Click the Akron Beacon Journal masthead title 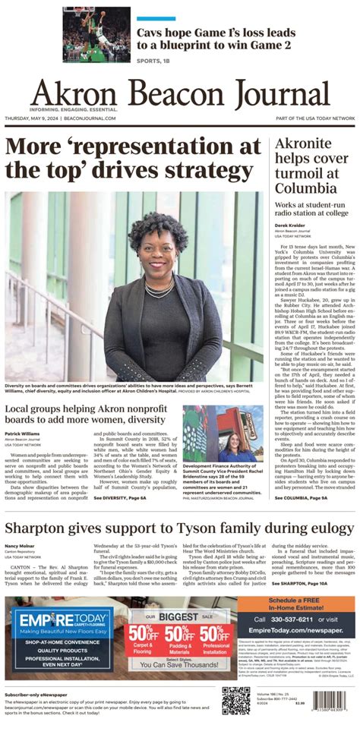[180, 94]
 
